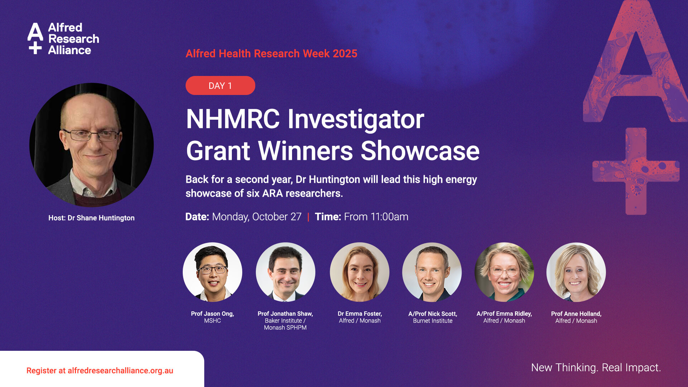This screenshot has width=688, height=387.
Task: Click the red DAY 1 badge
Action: [220, 86]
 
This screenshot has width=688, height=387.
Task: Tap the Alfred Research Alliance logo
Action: [63, 39]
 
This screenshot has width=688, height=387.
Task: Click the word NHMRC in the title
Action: [233, 119]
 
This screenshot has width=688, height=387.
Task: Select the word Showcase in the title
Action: [420, 151]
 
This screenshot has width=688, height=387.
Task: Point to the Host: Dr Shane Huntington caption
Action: [91, 218]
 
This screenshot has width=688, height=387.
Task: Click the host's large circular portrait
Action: [91, 145]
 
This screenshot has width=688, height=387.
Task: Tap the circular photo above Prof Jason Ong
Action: [212, 272]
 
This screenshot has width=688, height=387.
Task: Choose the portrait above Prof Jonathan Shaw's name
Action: [286, 272]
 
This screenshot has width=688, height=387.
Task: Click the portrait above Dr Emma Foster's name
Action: [359, 272]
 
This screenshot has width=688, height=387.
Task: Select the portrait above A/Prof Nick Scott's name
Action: [432, 272]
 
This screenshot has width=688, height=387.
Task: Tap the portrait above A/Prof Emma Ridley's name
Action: [504, 272]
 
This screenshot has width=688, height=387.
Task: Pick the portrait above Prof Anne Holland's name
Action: [576, 272]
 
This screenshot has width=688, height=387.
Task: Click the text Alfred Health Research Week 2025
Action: [271, 54]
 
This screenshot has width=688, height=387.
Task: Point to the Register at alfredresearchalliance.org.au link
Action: [100, 371]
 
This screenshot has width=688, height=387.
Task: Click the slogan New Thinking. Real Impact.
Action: [596, 368]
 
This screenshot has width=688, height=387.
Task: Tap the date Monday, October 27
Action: [257, 217]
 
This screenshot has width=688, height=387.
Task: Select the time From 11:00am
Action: [376, 217]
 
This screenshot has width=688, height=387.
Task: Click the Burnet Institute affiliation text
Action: [433, 321]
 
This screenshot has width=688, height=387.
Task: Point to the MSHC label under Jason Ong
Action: [212, 321]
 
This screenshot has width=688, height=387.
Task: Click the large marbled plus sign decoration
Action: [636, 171]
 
